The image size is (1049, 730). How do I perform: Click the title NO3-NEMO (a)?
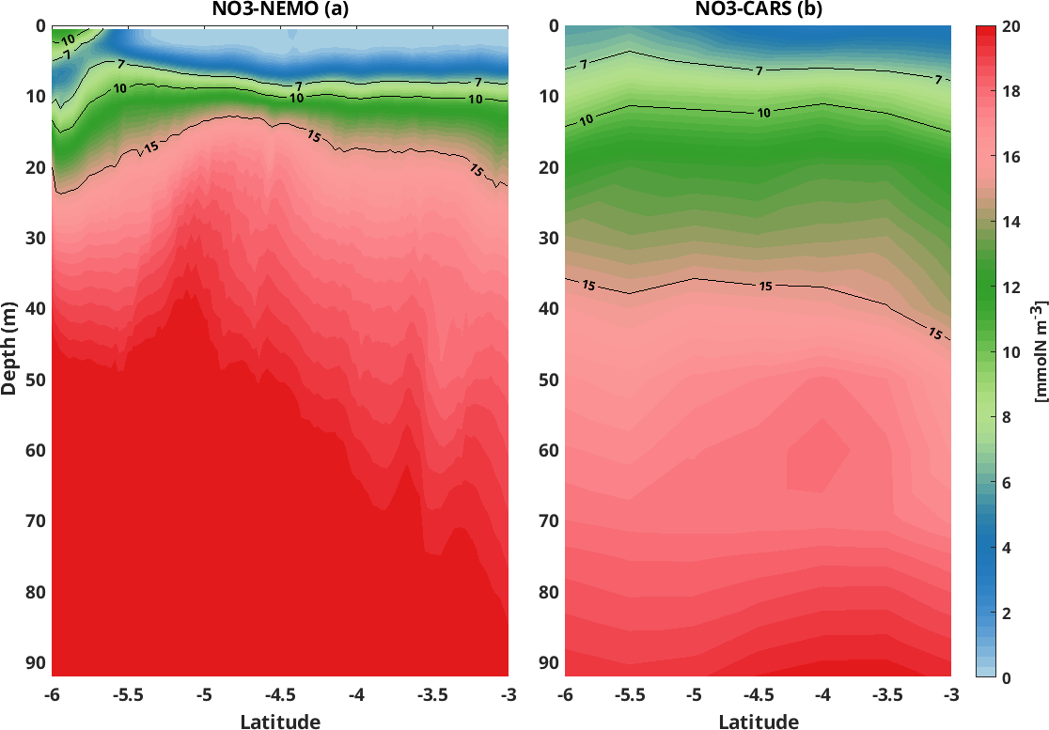pyautogui.click(x=279, y=9)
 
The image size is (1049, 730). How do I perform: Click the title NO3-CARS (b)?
pyautogui.click(x=760, y=9)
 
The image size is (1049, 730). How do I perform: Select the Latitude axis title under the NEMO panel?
pyautogui.click(x=280, y=722)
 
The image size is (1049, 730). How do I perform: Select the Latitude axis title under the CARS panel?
pyautogui.click(x=759, y=722)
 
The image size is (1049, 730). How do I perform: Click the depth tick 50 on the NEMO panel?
pyautogui.click(x=34, y=380)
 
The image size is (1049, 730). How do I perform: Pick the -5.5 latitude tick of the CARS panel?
pyautogui.click(x=630, y=695)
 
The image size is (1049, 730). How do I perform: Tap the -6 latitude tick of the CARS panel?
pyautogui.click(x=565, y=695)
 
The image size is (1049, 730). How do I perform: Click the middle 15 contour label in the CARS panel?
pyautogui.click(x=766, y=286)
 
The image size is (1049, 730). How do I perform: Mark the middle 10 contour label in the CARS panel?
pyautogui.click(x=763, y=113)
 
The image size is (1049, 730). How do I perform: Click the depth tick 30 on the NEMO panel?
pyautogui.click(x=34, y=239)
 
